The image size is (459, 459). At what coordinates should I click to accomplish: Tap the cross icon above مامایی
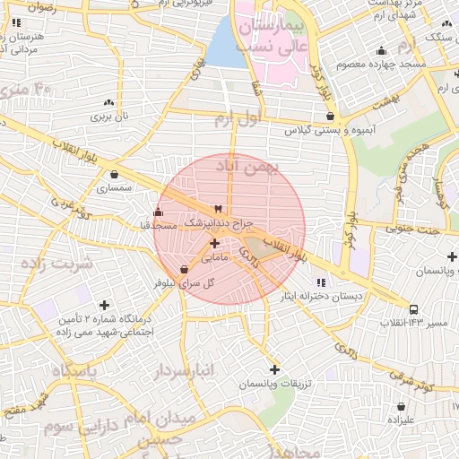(x=214, y=243)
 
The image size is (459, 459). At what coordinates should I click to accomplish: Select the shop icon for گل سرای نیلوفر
(x=185, y=269)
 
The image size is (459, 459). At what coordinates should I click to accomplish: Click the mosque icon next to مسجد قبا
(x=159, y=212)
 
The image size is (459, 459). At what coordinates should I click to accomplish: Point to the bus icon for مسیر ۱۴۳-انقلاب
(x=413, y=309)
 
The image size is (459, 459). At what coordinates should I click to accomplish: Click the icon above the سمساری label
(x=114, y=175)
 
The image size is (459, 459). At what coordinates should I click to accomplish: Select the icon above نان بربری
(x=108, y=103)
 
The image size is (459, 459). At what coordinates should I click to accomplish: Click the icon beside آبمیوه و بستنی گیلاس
(x=331, y=116)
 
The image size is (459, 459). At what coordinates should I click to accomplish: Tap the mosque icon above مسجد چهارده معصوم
(x=382, y=51)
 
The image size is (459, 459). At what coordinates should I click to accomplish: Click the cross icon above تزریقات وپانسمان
(x=274, y=369)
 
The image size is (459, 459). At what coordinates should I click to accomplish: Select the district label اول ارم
(x=238, y=117)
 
